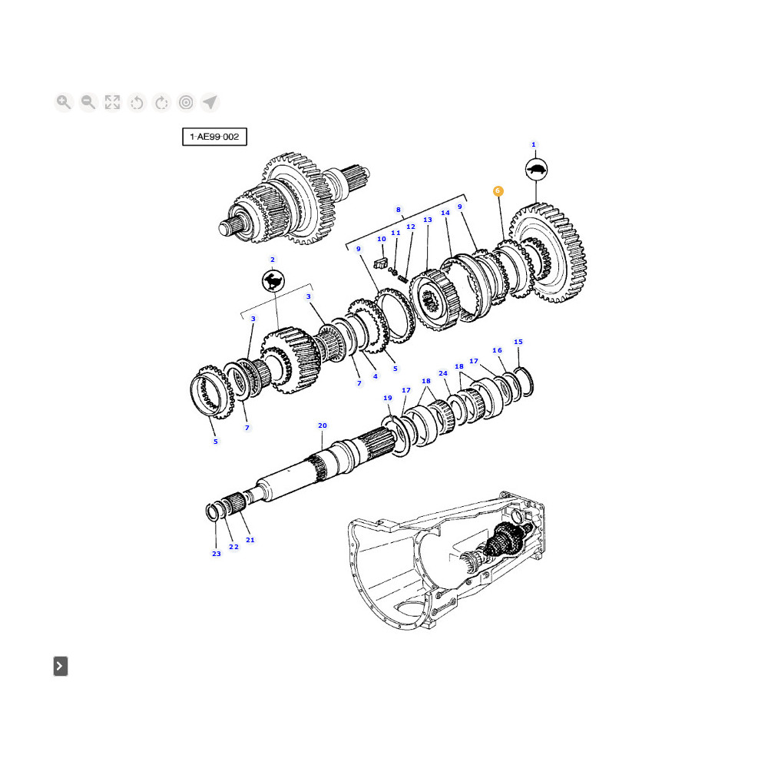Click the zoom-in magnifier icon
64,102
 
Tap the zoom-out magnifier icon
88,102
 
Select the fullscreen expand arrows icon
113,102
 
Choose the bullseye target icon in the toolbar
186,102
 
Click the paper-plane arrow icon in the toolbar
210,102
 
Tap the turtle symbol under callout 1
535,170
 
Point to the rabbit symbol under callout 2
272,282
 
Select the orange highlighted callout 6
498,190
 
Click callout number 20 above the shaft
323,425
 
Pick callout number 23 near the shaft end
216,554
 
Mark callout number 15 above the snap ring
518,342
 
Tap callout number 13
428,220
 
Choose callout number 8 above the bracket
398,209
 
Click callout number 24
443,373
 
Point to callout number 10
381,239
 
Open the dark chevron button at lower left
61,666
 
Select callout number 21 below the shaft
250,540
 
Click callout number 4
375,376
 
